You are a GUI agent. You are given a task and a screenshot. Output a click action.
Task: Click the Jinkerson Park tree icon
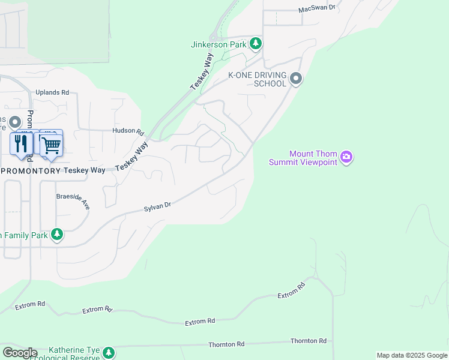pyautogui.click(x=256, y=43)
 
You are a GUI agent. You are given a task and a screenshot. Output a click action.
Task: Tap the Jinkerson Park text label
pyautogui.click(x=219, y=44)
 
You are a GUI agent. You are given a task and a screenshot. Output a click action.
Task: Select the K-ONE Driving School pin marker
pyautogui.click(x=295, y=79)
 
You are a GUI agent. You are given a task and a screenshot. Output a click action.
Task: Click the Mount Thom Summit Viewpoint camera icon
pyautogui.click(x=346, y=158)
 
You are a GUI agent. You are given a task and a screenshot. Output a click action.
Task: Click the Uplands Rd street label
pyautogui.click(x=52, y=92)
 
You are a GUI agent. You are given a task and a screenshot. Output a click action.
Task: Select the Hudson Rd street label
pyautogui.click(x=128, y=131)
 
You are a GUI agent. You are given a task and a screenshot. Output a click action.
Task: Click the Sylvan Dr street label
pyautogui.click(x=157, y=207)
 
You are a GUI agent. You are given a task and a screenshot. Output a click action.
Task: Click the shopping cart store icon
pyautogui.click(x=51, y=144)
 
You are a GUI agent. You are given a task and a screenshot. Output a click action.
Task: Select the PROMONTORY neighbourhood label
pyautogui.click(x=31, y=171)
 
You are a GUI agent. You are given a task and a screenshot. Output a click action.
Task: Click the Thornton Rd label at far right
pyautogui.click(x=308, y=341)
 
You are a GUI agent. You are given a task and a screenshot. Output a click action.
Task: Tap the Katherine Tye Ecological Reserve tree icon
pyautogui.click(x=108, y=352)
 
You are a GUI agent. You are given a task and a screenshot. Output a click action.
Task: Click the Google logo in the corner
pyautogui.click(x=19, y=353)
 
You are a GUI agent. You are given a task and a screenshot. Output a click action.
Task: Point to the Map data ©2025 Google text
pyautogui.click(x=412, y=355)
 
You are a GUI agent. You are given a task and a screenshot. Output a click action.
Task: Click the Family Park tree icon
pyautogui.click(x=56, y=234)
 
